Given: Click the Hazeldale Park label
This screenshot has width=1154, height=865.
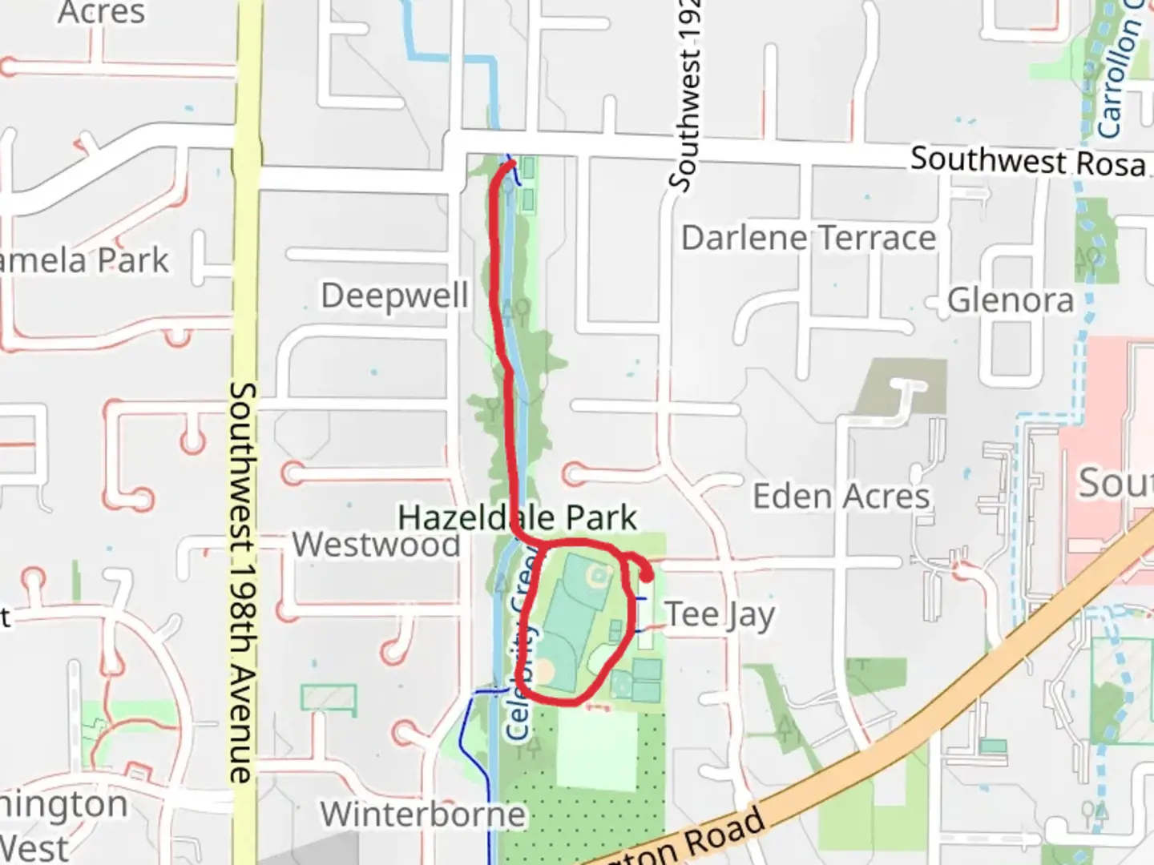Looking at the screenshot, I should coord(517,517).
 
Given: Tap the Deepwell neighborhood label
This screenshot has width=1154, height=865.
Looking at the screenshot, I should coord(394,296).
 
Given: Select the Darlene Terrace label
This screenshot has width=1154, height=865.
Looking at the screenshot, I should coord(808,238).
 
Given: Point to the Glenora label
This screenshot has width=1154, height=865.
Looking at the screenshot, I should coord(1010,300).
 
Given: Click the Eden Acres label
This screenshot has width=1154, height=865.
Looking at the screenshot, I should coord(841,497).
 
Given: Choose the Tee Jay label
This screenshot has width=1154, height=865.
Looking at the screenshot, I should coord(720,615).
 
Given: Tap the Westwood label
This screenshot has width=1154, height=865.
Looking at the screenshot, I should coord(376,545).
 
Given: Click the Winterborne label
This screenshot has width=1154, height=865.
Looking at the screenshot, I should coord(423,815).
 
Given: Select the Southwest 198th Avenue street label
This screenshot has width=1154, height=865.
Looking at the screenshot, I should coord(242,581).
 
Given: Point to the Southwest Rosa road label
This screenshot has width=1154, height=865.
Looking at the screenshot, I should coord(1027,162).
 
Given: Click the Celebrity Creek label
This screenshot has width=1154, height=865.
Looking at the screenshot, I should coord(522,641).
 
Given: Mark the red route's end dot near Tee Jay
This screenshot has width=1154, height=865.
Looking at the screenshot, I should coord(646,574).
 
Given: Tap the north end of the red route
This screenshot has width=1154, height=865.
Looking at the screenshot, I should coord(511,164).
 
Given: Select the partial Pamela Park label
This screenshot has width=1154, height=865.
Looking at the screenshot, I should coord(84,261).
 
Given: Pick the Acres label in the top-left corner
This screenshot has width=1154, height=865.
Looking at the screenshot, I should coord(101,13).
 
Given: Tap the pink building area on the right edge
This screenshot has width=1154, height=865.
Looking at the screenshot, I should coord(1110,449).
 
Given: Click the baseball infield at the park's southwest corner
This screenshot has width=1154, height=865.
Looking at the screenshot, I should coord(544,670).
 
